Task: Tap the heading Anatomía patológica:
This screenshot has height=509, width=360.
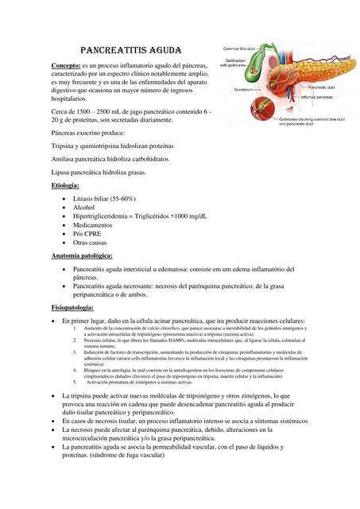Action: (82, 256)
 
